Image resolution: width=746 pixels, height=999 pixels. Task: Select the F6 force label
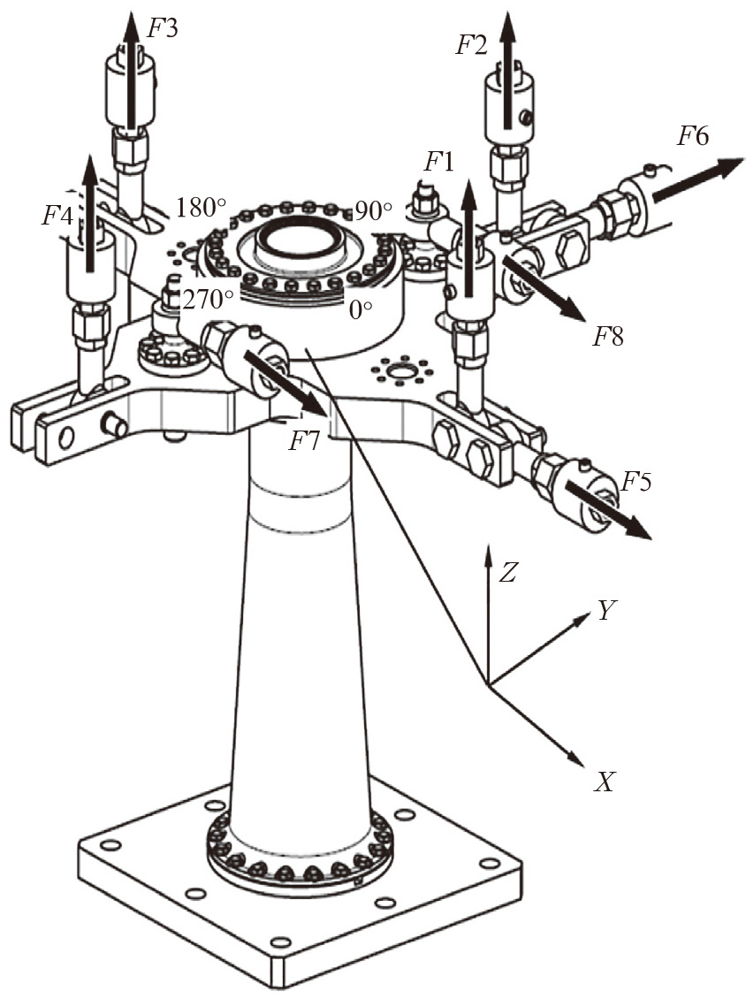[692, 135]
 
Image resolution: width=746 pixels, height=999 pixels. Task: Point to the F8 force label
[608, 336]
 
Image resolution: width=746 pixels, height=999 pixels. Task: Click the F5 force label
[636, 483]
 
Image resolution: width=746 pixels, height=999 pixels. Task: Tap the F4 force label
[57, 216]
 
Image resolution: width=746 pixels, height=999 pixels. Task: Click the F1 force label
[439, 163]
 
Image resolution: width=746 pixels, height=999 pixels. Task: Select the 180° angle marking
[202, 208]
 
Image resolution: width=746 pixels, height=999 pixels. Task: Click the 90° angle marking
[372, 210]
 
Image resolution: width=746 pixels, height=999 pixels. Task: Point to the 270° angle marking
[209, 298]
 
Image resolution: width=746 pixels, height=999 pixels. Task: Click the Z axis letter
[507, 574]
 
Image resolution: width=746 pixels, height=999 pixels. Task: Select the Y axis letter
[606, 611]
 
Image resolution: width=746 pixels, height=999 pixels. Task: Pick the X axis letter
[604, 782]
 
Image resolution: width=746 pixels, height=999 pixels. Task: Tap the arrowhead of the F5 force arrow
[639, 530]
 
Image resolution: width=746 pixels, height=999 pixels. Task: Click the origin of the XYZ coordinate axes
[488, 685]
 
